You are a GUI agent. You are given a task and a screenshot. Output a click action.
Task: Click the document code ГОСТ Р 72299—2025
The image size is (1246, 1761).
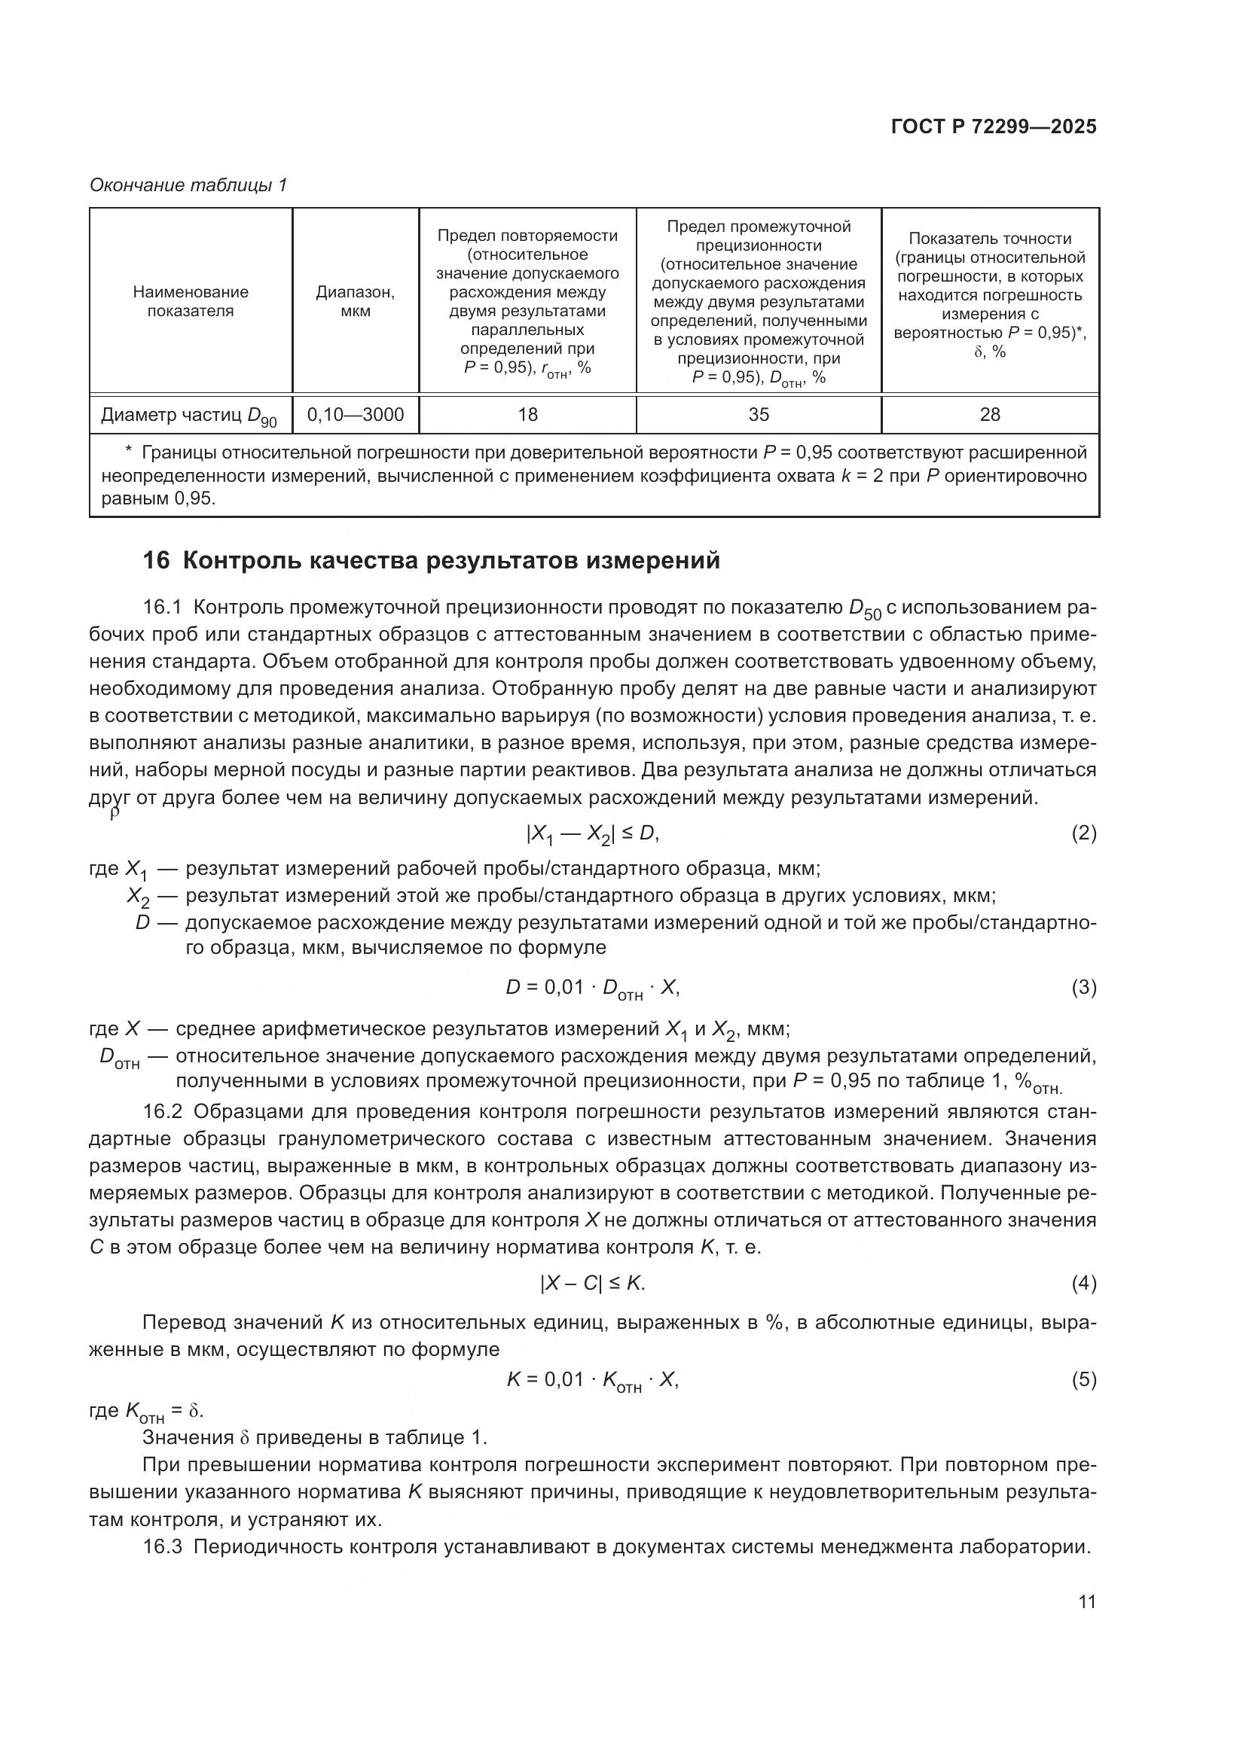(x=994, y=127)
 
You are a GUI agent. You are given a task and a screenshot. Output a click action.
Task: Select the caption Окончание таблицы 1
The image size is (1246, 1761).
(x=188, y=185)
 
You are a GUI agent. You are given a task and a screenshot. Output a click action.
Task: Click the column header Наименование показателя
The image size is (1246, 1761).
(x=191, y=301)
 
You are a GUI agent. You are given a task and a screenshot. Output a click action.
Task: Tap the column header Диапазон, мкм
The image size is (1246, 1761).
(x=356, y=301)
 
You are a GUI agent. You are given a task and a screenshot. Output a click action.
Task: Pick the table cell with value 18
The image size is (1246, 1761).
(x=528, y=415)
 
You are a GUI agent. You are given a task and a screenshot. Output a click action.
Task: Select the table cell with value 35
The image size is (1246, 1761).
(x=759, y=415)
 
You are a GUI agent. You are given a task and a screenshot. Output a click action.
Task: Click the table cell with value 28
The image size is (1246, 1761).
(x=990, y=415)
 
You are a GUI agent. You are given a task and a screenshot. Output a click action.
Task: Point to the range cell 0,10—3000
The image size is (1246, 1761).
(x=356, y=415)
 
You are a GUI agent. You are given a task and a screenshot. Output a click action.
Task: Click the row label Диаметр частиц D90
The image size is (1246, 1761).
(x=189, y=416)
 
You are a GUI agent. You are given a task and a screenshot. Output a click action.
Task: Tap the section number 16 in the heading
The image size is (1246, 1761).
(x=156, y=562)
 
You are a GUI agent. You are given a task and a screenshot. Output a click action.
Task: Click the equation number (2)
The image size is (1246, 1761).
(x=1083, y=833)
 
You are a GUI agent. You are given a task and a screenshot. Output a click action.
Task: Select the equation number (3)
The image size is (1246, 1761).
(x=1083, y=988)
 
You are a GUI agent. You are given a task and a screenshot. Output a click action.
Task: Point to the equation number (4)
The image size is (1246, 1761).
(x=1083, y=1283)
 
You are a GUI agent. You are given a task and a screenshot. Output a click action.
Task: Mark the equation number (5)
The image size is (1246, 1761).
(x=1083, y=1380)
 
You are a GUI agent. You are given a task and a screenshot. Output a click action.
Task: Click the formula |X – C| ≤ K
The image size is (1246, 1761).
(x=593, y=1283)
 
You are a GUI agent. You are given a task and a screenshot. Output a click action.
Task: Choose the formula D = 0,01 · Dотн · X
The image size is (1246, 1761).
(x=592, y=988)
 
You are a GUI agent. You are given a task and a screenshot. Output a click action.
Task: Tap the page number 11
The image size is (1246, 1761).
(x=1086, y=1601)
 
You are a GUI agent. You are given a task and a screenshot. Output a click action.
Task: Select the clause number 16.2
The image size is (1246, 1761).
(x=163, y=1112)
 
